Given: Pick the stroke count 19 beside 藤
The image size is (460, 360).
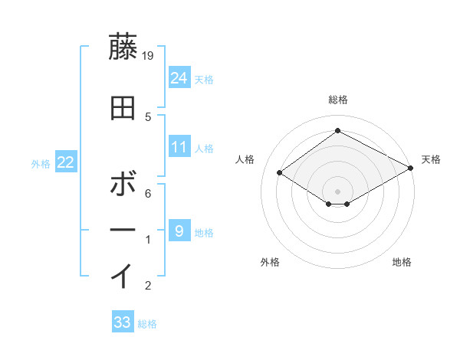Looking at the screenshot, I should click(x=149, y=55).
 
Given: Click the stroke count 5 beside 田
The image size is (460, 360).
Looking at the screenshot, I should click(x=149, y=116).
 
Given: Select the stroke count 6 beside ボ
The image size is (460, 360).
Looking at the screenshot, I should click(x=149, y=194).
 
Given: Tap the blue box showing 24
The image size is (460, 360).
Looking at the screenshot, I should click(x=179, y=77).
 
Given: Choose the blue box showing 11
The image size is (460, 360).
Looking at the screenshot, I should click(x=179, y=147).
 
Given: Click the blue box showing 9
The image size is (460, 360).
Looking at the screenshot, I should click(x=179, y=231).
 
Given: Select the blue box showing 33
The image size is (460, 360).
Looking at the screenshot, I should click(x=123, y=322).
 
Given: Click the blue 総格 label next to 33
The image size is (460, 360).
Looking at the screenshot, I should click(x=147, y=324).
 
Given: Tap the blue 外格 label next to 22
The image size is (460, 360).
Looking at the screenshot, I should click(x=41, y=163).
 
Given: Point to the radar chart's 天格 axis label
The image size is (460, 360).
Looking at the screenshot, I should click(x=431, y=159).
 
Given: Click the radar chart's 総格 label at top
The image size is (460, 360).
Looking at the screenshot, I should click(x=337, y=100).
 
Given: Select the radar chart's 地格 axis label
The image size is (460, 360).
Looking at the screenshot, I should click(x=402, y=262).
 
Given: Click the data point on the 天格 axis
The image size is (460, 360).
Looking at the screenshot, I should click(x=412, y=169).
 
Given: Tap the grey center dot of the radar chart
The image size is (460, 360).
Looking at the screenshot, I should click(x=337, y=191).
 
